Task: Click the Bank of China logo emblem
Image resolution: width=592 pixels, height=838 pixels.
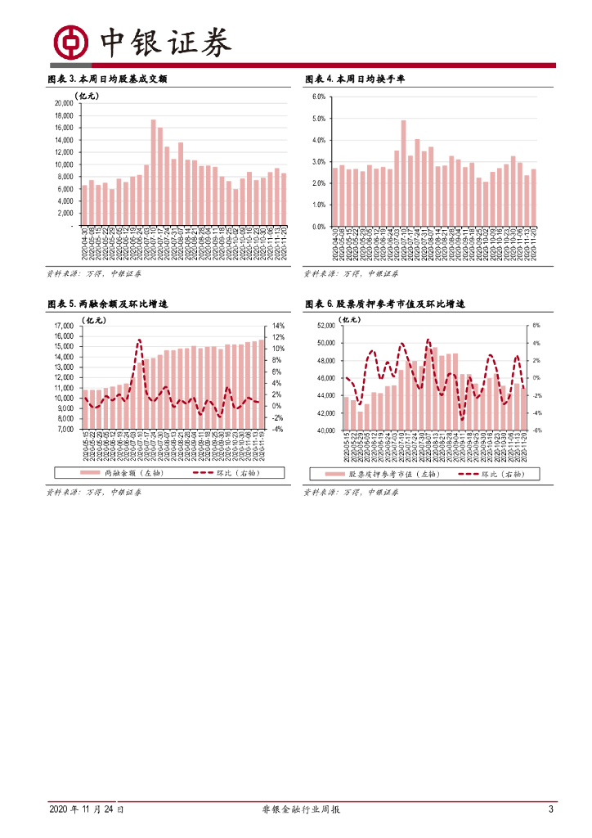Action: tap(70, 41)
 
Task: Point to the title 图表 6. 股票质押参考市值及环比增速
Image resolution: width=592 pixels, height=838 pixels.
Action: tap(384, 304)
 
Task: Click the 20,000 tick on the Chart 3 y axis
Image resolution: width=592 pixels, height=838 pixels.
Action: tap(63, 104)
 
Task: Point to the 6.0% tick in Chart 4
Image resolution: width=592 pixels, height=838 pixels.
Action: tap(319, 97)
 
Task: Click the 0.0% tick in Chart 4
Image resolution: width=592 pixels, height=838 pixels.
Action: tap(319, 226)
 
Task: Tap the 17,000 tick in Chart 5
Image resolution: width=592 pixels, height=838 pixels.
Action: tap(63, 326)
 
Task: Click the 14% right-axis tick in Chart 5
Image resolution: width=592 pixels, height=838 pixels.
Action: tap(278, 326)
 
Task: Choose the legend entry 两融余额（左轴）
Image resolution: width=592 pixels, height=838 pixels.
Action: tap(121, 473)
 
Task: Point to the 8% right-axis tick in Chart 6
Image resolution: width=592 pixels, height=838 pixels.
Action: tap(537, 326)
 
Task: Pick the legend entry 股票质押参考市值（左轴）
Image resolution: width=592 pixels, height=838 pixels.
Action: tap(386, 474)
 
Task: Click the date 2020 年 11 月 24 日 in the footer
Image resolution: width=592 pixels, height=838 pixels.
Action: tap(87, 809)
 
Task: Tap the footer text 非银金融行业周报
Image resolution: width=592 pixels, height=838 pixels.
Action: tap(295, 809)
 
